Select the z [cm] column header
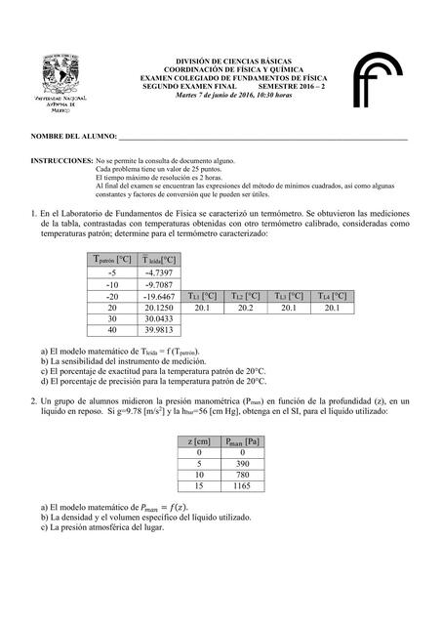[198, 440]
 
